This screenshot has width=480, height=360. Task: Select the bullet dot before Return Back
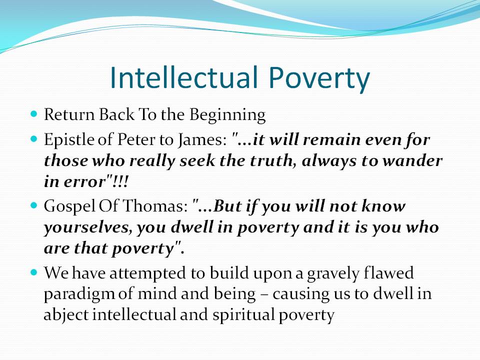(34, 114)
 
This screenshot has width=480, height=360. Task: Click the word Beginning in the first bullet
(227, 115)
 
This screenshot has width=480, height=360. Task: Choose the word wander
(412, 161)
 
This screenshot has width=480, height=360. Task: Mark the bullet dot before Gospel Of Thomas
(34, 205)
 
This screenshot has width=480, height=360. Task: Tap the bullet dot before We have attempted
(34, 272)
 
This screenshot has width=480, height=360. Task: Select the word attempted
(147, 273)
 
